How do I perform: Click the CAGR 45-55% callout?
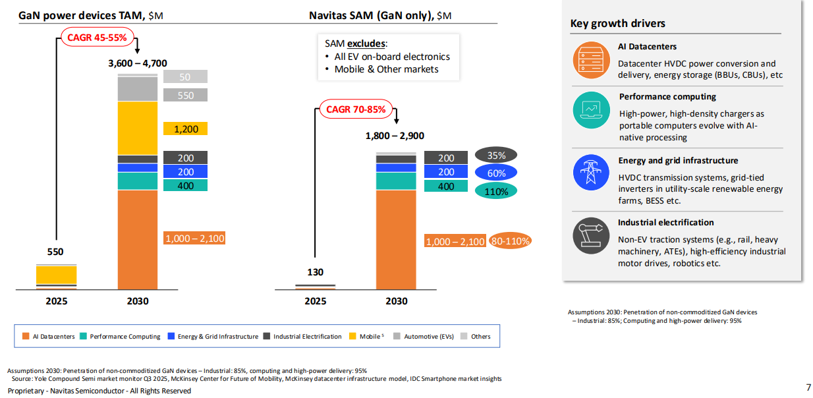pyautogui.click(x=97, y=38)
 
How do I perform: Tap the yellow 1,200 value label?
pyautogui.click(x=186, y=129)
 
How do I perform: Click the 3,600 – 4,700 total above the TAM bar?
pyautogui.click(x=137, y=63)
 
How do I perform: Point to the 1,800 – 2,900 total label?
pyautogui.click(x=395, y=136)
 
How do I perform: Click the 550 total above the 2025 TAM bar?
pyautogui.click(x=56, y=252)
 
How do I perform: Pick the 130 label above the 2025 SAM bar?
pyautogui.click(x=316, y=272)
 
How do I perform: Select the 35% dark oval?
pyautogui.click(x=496, y=156)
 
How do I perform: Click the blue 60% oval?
pyautogui.click(x=496, y=173)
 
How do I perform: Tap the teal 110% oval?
pyautogui.click(x=496, y=192)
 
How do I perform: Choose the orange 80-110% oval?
pyautogui.click(x=511, y=241)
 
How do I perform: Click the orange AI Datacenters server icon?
pyautogui.click(x=591, y=60)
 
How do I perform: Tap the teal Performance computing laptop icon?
pyautogui.click(x=591, y=109)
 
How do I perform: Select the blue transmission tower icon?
pyautogui.click(x=591, y=173)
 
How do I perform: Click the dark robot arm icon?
pyautogui.click(x=591, y=235)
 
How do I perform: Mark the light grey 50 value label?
pyautogui.click(x=185, y=77)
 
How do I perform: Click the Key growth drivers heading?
pyautogui.click(x=617, y=24)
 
